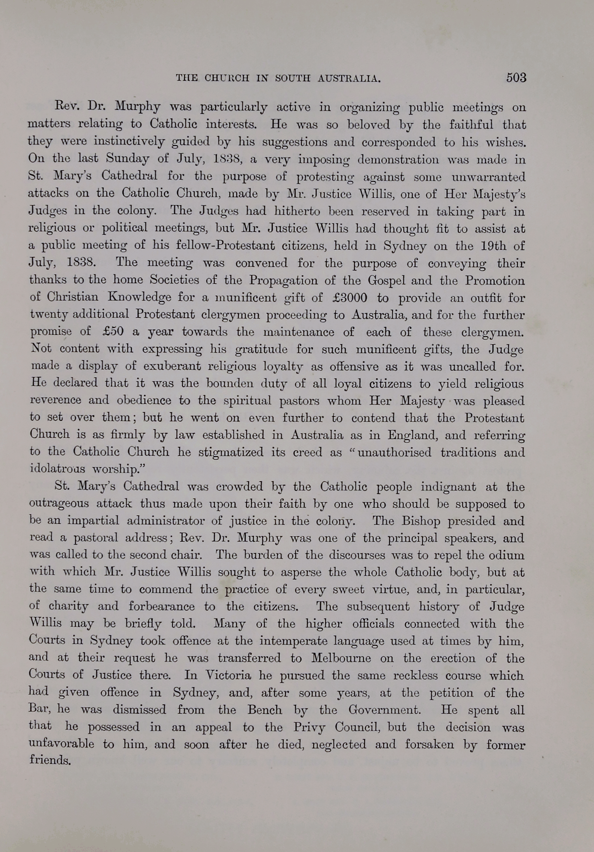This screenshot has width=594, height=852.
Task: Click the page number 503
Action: tap(516, 77)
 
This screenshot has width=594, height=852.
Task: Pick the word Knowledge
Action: tap(139, 298)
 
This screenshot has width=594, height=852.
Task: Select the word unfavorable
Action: tap(61, 744)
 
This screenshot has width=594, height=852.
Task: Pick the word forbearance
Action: tap(161, 606)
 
